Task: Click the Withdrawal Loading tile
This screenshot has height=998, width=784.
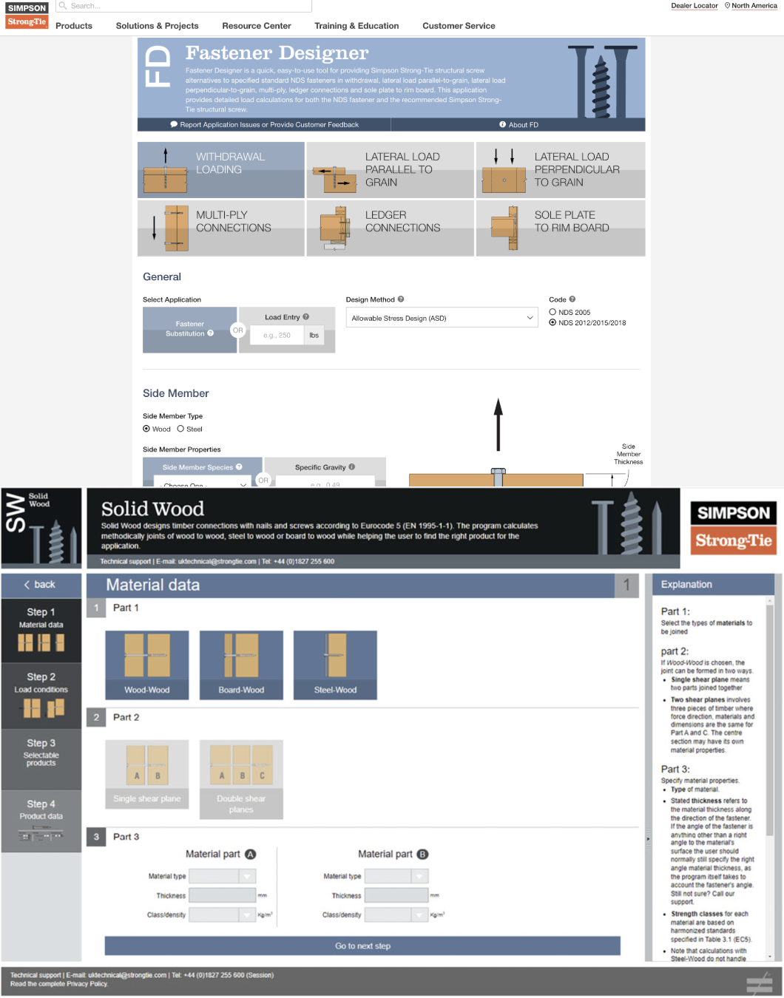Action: (220, 170)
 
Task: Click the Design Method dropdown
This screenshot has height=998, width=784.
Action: (442, 318)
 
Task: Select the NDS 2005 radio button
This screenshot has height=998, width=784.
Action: (552, 312)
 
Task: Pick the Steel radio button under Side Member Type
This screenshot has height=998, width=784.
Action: (180, 429)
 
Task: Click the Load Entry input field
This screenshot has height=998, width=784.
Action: (277, 336)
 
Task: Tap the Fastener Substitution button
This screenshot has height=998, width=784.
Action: (189, 330)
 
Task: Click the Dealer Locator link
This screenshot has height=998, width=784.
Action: (694, 6)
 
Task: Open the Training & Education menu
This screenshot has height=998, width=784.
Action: (356, 26)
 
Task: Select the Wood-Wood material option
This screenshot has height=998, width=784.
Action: (146, 665)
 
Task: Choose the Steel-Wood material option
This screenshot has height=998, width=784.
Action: (335, 665)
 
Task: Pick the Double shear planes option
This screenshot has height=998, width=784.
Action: (241, 779)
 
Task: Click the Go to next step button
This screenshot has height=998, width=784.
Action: (362, 946)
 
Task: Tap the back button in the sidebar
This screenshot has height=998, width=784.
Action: (41, 585)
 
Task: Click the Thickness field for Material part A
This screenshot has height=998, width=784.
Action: (222, 895)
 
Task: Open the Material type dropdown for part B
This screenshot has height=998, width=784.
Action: (396, 876)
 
